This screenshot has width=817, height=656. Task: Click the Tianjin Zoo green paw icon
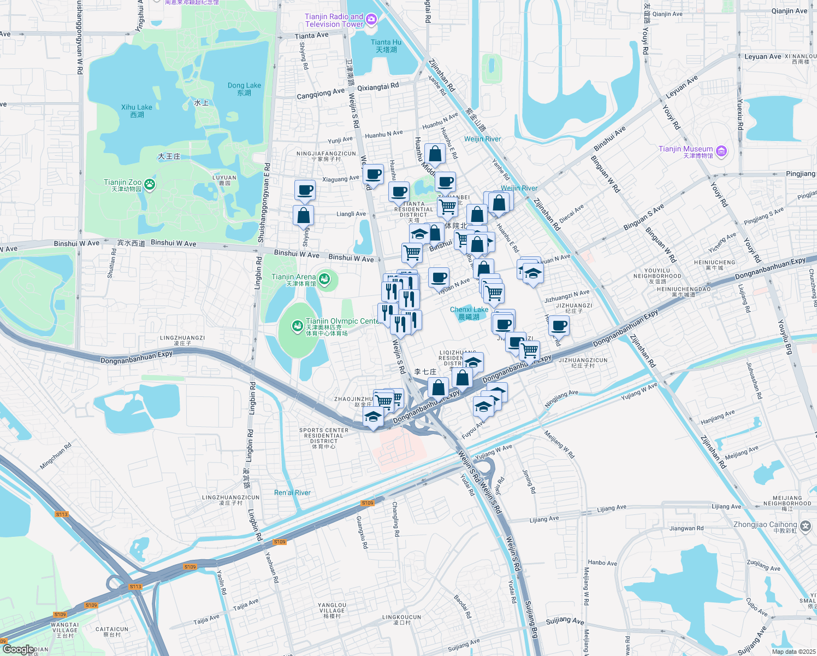(150, 185)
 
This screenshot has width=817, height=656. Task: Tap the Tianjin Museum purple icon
(721, 151)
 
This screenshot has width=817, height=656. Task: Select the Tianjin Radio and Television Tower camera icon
(371, 20)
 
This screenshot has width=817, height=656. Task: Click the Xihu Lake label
(137, 111)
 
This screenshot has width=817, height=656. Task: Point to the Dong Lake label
(244, 89)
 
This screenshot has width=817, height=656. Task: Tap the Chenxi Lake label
(469, 313)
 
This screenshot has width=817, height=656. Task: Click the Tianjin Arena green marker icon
(324, 280)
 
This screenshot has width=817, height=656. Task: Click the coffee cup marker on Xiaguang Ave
(373, 175)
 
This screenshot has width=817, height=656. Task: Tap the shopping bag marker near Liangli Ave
(303, 215)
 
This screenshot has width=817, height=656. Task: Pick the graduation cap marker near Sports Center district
(373, 418)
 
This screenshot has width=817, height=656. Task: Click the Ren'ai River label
(292, 493)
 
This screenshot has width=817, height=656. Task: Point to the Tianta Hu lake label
(386, 46)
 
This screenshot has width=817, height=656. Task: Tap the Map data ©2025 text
(792, 652)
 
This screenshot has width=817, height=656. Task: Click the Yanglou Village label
(332, 610)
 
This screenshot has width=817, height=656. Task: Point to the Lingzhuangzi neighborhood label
(182, 341)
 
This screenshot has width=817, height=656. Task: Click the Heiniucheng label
(715, 265)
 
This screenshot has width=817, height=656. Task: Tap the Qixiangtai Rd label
(378, 86)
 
